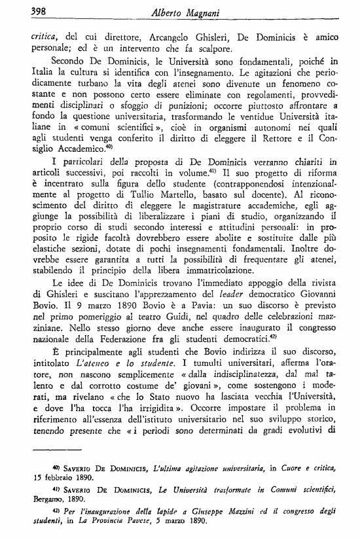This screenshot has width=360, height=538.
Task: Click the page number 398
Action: point(22,10)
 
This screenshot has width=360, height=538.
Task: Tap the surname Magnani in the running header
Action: point(207,11)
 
